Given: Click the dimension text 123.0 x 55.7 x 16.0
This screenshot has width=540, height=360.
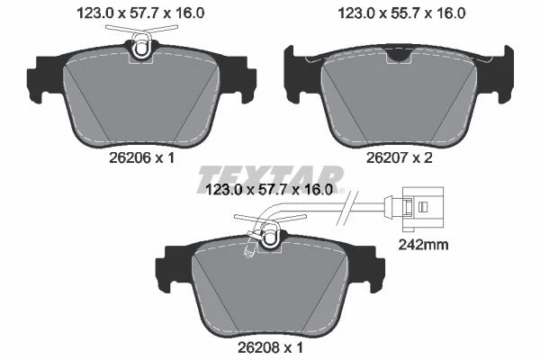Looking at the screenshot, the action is tap(401, 13).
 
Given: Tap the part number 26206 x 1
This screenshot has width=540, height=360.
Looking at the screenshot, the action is tap(142, 158).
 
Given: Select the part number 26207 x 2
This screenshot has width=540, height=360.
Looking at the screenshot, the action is tap(399, 158).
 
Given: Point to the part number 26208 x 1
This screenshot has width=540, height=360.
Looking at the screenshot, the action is tap(270, 347).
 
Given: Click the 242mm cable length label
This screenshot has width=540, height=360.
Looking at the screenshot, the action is tap(423, 245).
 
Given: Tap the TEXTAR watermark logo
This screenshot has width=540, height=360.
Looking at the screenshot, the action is tap(270, 179).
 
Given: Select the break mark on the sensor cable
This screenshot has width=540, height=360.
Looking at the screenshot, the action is tap(347, 208).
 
